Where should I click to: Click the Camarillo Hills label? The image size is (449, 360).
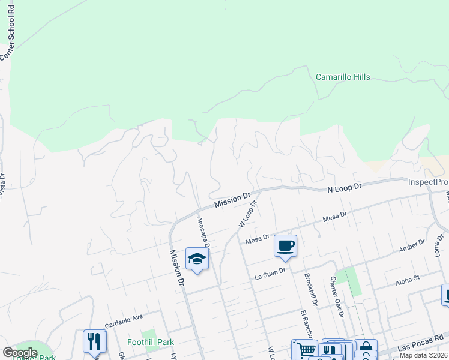click(343, 77)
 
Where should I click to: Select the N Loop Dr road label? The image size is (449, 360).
click(345, 188)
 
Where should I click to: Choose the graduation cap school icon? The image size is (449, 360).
click(197, 259)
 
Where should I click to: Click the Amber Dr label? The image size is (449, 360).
click(412, 245)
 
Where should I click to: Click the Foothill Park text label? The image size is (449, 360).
click(150, 343)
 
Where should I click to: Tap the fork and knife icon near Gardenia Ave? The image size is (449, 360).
click(94, 341)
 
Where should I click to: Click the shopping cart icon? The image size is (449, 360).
click(304, 350)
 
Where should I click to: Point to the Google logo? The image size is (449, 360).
click(20, 353)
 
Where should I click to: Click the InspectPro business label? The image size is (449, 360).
click(428, 182)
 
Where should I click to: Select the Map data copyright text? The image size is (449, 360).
click(424, 356)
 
